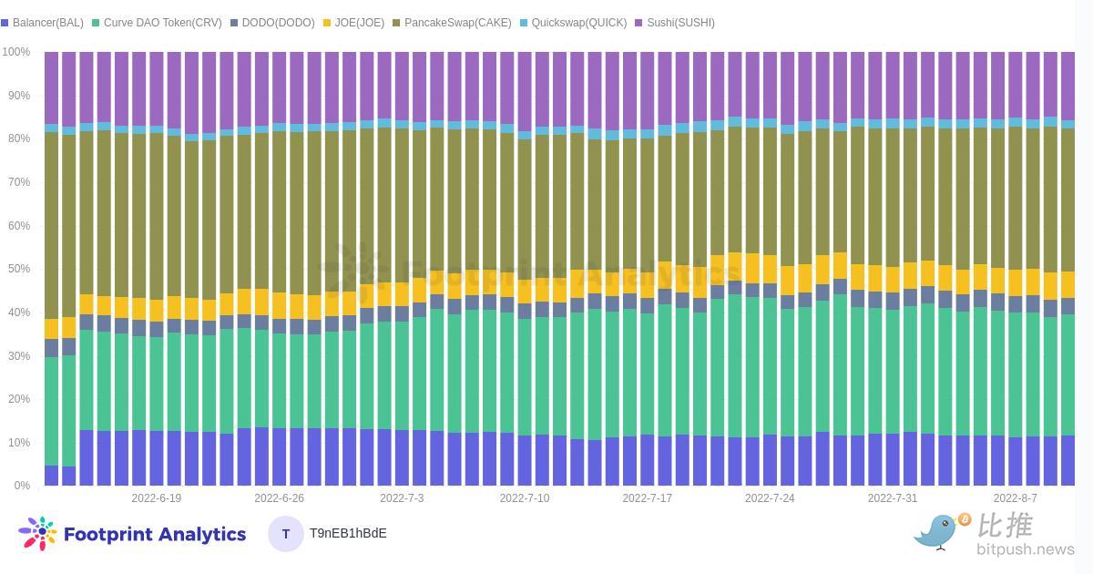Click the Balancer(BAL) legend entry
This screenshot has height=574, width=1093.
pyautogui.click(x=43, y=23)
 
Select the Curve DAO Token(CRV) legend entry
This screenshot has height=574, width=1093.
pyautogui.click(x=157, y=23)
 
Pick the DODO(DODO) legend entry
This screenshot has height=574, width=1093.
pyautogui.click(x=272, y=23)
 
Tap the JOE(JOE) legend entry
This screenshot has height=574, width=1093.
pyautogui.click(x=353, y=23)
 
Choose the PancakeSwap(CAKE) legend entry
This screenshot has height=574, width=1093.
pyautogui.click(x=452, y=23)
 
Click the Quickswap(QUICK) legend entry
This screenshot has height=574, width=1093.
pyautogui.click(x=573, y=23)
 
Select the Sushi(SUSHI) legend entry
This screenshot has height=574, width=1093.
pyautogui.click(x=675, y=23)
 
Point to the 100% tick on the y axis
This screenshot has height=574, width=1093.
pyautogui.click(x=16, y=52)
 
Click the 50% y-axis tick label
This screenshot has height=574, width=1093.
pyautogui.click(x=19, y=269)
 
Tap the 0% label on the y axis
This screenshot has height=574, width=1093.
pyautogui.click(x=22, y=486)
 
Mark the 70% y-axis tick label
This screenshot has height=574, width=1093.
pyautogui.click(x=19, y=182)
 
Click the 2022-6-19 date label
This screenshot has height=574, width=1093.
pyautogui.click(x=156, y=498)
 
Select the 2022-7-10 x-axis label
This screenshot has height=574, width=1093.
pyautogui.click(x=525, y=498)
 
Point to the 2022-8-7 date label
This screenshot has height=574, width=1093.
pyautogui.click(x=1016, y=498)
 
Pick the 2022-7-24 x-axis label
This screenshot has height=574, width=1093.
pyautogui.click(x=770, y=498)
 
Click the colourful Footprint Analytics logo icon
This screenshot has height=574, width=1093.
pyautogui.click(x=38, y=534)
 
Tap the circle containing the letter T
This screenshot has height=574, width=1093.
pyautogui.click(x=286, y=534)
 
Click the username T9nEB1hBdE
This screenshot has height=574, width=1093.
pyautogui.click(x=348, y=534)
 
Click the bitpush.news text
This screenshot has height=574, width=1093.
pyautogui.click(x=1026, y=549)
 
